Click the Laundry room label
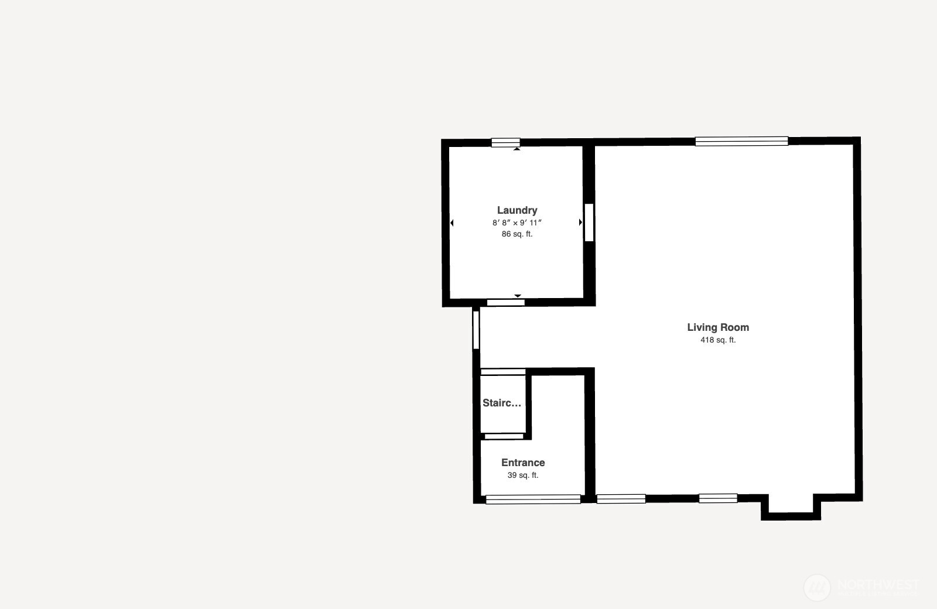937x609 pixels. [x=517, y=210]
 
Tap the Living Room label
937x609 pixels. [x=718, y=327]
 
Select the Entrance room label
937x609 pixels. [x=523, y=463]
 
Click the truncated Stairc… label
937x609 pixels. [x=502, y=403]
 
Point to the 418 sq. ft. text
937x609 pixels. [x=718, y=340]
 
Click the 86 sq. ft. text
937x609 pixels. [x=517, y=234]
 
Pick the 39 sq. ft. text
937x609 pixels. [x=523, y=475]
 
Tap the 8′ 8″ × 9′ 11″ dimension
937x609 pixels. [x=517, y=223]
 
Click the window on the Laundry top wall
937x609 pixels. [x=505, y=142]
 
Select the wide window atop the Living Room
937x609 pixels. [x=741, y=141]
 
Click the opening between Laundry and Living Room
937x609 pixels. [x=589, y=223]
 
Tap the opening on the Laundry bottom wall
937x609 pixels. [x=505, y=303]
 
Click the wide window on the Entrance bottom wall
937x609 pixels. [x=533, y=499]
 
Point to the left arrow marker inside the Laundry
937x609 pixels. [x=452, y=223]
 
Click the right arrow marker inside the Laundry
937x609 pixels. [x=580, y=223]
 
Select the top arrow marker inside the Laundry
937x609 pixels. [x=517, y=149]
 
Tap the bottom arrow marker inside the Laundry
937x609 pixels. [x=518, y=296]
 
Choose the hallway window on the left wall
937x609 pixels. [x=476, y=330]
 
